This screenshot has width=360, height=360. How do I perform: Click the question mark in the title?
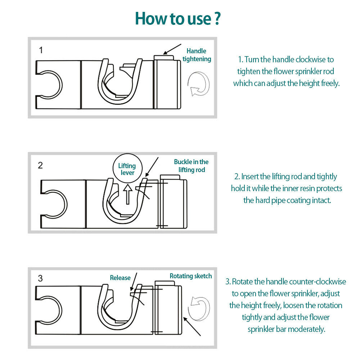coord(217,18)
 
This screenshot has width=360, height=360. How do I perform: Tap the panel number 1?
coord(41,50)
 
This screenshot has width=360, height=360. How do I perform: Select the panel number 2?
coord(40,165)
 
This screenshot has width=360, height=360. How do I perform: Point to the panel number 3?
coord(40,278)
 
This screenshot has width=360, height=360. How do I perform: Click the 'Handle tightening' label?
coord(197,55)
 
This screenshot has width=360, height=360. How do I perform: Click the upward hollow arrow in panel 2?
coord(128,194)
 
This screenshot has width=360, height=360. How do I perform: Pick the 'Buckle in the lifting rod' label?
coord(191,166)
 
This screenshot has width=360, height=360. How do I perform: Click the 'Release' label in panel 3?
coord(120,278)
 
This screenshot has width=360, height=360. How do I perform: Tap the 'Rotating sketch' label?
coord(191,276)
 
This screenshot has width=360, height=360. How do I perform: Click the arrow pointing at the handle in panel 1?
coord(172,49)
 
